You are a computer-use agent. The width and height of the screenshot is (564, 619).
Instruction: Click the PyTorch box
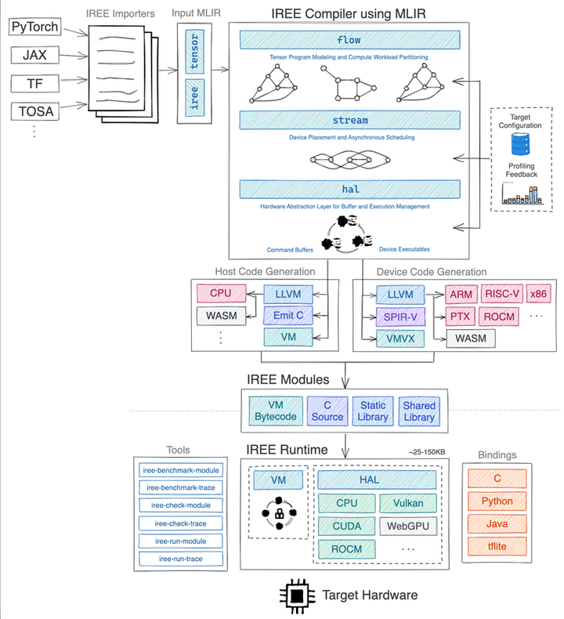(x=34, y=27)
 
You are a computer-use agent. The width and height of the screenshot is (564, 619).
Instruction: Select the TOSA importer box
(x=35, y=111)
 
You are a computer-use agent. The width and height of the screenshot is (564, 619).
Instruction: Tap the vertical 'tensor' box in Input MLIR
(x=194, y=51)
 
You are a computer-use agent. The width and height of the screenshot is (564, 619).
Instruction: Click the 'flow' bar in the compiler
(x=349, y=40)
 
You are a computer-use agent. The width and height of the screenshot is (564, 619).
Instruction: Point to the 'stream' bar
(x=349, y=120)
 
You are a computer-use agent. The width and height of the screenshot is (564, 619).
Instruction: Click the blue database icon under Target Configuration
(x=521, y=144)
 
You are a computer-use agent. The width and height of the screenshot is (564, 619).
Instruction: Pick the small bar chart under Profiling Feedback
(x=522, y=194)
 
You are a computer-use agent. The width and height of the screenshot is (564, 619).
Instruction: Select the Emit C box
(x=288, y=316)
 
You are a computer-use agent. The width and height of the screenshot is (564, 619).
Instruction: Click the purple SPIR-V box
(x=400, y=317)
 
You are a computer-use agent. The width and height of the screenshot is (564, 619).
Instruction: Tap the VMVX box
(x=400, y=338)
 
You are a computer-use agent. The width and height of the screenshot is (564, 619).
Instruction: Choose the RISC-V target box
(x=502, y=294)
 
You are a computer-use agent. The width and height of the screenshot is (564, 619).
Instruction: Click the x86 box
(x=538, y=294)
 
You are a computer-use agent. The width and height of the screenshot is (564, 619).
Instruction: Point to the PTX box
(x=460, y=317)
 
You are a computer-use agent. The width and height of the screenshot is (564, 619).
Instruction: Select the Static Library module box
(x=373, y=411)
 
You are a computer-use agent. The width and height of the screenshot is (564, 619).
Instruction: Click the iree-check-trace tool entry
(x=180, y=523)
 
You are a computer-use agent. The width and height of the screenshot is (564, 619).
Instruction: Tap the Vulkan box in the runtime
(x=408, y=503)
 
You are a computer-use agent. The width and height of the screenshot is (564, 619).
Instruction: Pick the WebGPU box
(x=408, y=527)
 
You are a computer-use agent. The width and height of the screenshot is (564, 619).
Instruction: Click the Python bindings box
(x=497, y=501)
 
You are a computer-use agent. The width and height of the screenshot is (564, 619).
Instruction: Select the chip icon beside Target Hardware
(x=297, y=596)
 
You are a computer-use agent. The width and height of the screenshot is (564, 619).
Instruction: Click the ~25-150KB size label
(x=427, y=452)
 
